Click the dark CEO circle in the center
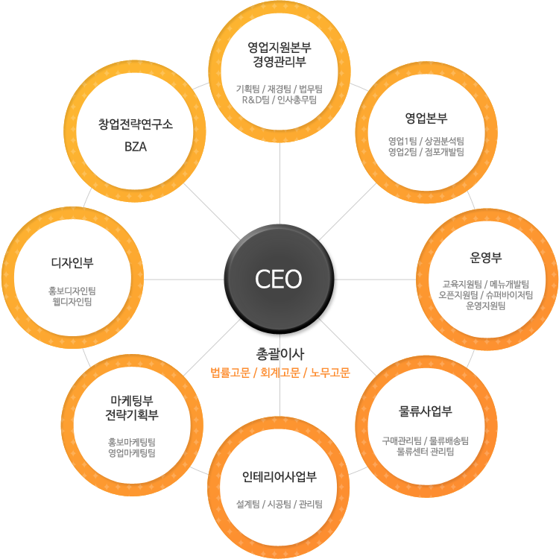pos(279,279)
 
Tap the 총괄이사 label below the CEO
pos(279,353)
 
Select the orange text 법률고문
pos(230,373)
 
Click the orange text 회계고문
pos(279,373)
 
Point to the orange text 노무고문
pos(329,373)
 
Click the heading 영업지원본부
pos(279,47)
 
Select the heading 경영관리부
pos(279,62)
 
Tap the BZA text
pos(136,147)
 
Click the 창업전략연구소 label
pos(136,124)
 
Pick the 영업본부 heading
pos(426,118)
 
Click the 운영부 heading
pos(485,257)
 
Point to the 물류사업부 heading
pos(426,411)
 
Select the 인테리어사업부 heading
pos(279,477)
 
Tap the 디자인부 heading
pos(72,263)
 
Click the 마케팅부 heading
pos(132,400)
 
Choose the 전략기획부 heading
pos(132,414)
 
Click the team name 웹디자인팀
pos(72,302)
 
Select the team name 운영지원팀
pos(485,306)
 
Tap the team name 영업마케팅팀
pos(132,453)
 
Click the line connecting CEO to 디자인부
pos(184,279)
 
